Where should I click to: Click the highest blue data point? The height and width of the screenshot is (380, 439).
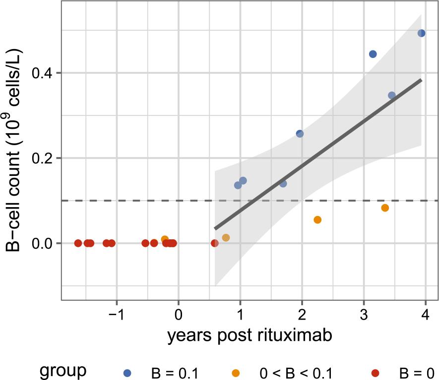pos(421,33)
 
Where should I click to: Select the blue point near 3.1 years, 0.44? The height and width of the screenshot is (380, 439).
pos(373,54)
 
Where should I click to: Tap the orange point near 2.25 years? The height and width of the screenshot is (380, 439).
pos(317,219)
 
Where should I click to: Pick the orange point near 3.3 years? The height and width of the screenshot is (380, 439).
pos(385,208)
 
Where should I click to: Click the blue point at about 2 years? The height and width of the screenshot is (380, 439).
pos(300,134)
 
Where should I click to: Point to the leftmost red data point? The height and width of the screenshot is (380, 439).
pos(78,243)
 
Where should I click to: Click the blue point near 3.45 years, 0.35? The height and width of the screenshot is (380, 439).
pos(392,95)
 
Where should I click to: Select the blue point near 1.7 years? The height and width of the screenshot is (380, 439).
pos(283,183)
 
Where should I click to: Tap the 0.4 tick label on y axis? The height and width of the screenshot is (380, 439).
pos(44,73)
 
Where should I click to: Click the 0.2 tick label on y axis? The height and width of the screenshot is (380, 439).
pos(44,159)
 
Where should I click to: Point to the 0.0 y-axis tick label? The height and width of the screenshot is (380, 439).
pos(44,244)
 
